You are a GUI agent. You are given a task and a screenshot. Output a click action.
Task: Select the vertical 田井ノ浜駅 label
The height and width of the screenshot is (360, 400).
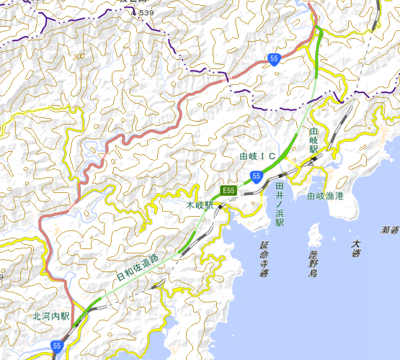pos(280,204)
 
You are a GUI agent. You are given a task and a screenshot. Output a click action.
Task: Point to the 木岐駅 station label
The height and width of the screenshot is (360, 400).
pos(200,206)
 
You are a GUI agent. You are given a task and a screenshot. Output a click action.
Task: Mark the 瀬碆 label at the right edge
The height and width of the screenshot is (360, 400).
pos(390,230)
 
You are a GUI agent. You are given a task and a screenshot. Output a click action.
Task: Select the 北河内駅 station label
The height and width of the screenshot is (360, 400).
pos(50,315)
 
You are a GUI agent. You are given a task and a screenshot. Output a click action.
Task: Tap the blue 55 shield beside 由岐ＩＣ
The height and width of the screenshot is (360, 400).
pos(257,175)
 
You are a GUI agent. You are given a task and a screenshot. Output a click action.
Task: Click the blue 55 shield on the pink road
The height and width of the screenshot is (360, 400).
pos(274,60)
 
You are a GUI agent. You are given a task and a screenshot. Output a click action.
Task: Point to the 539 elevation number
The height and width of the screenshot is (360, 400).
pos(146,13)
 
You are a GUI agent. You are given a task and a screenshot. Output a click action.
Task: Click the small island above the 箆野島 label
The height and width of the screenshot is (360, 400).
pos(314,233)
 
